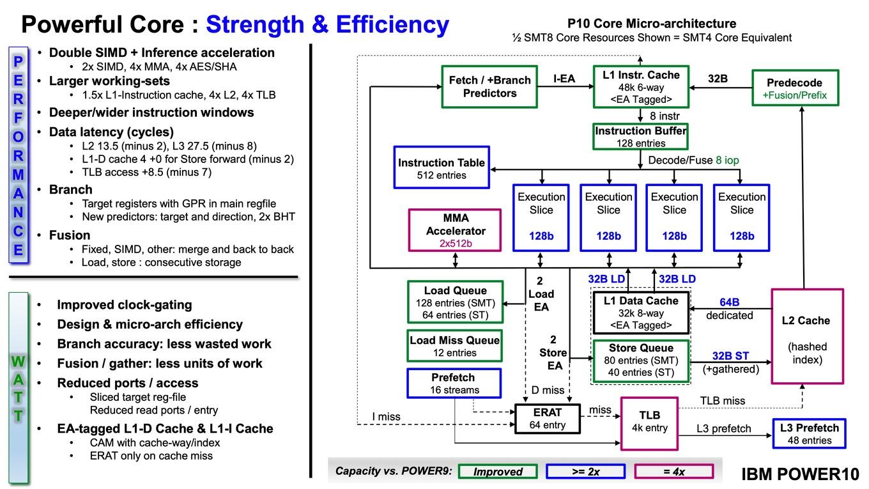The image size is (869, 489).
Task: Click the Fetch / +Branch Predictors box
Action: click(x=489, y=86)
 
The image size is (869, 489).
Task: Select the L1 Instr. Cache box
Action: click(x=641, y=86)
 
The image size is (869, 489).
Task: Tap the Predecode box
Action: click(x=796, y=88)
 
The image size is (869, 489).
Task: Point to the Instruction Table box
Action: click(x=442, y=167)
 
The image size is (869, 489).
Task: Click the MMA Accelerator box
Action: click(x=455, y=230)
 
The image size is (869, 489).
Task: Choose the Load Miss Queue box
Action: click(x=455, y=346)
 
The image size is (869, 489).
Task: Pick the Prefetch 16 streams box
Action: click(x=454, y=383)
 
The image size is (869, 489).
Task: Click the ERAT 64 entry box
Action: click(x=548, y=418)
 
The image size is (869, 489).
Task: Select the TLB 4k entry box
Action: click(x=649, y=423)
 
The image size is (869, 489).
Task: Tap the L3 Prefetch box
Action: click(x=809, y=433)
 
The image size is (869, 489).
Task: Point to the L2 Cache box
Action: click(x=807, y=336)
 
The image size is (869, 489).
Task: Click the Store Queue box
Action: click(x=641, y=361)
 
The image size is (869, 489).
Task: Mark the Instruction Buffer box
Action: click(x=640, y=136)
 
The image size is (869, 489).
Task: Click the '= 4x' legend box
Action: click(x=674, y=471)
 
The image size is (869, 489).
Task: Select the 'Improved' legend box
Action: click(x=498, y=471)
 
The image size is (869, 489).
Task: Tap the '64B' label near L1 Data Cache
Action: click(x=729, y=302)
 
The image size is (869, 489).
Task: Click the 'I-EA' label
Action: click(x=564, y=79)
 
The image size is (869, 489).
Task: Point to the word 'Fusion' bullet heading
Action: click(x=70, y=235)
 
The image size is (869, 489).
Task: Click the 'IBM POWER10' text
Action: click(x=800, y=474)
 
